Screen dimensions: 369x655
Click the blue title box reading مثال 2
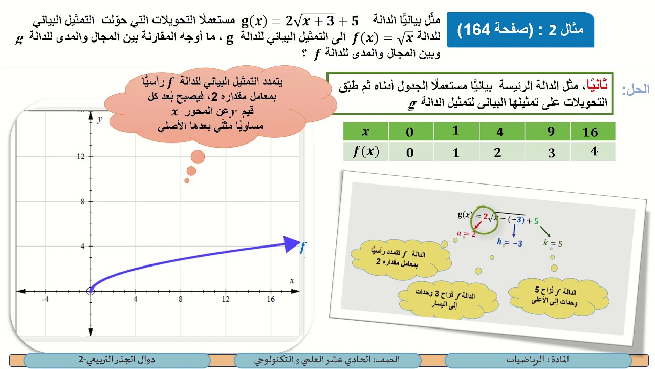520,29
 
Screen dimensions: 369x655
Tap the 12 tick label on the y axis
81,156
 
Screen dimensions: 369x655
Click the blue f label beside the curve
302,249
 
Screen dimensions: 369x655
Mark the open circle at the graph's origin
91,291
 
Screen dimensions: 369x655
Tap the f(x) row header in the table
366,152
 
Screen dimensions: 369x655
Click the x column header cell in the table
365,132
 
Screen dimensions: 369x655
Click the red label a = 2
466,234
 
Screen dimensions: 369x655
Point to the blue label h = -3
510,243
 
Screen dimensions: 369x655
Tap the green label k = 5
553,243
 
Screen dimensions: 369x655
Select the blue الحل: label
635,90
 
